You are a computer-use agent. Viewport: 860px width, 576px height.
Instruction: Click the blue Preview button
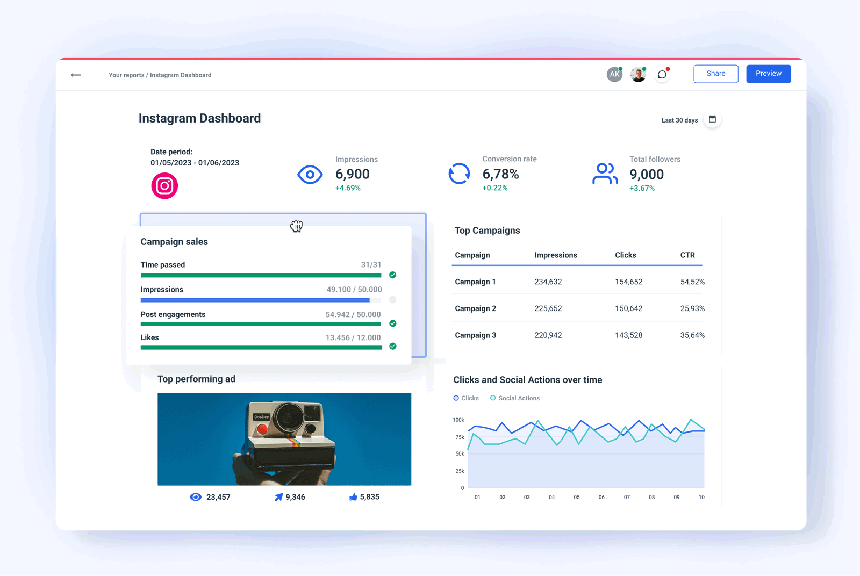[x=768, y=74]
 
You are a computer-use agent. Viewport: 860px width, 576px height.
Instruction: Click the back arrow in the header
[x=76, y=75]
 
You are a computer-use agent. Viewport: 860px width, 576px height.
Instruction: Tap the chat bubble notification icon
[x=662, y=75]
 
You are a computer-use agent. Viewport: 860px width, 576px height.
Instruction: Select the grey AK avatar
[x=614, y=75]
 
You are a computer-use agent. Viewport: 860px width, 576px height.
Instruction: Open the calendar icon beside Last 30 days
[x=712, y=119]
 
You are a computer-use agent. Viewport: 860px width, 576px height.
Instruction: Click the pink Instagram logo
[x=164, y=186]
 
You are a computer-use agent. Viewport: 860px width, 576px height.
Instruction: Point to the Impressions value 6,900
[x=353, y=174]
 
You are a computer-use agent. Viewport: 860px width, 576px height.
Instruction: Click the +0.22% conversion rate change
[x=494, y=188]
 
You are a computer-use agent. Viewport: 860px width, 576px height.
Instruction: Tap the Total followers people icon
[x=605, y=174]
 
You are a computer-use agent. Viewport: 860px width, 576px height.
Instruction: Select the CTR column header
[x=687, y=255]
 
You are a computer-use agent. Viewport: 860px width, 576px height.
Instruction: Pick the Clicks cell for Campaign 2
[x=628, y=308]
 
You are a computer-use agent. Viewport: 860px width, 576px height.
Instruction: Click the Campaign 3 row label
[x=475, y=335]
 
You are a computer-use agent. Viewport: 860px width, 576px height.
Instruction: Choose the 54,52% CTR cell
[x=692, y=282]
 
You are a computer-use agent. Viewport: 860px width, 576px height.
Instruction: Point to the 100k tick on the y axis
[x=458, y=420]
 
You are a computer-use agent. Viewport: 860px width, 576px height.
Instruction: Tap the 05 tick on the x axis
[x=577, y=497]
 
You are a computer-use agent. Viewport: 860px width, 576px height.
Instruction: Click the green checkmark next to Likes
[x=393, y=346]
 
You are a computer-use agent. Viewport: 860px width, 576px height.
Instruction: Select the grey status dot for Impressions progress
[x=393, y=300]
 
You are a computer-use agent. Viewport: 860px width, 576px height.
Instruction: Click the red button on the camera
[x=262, y=429]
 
